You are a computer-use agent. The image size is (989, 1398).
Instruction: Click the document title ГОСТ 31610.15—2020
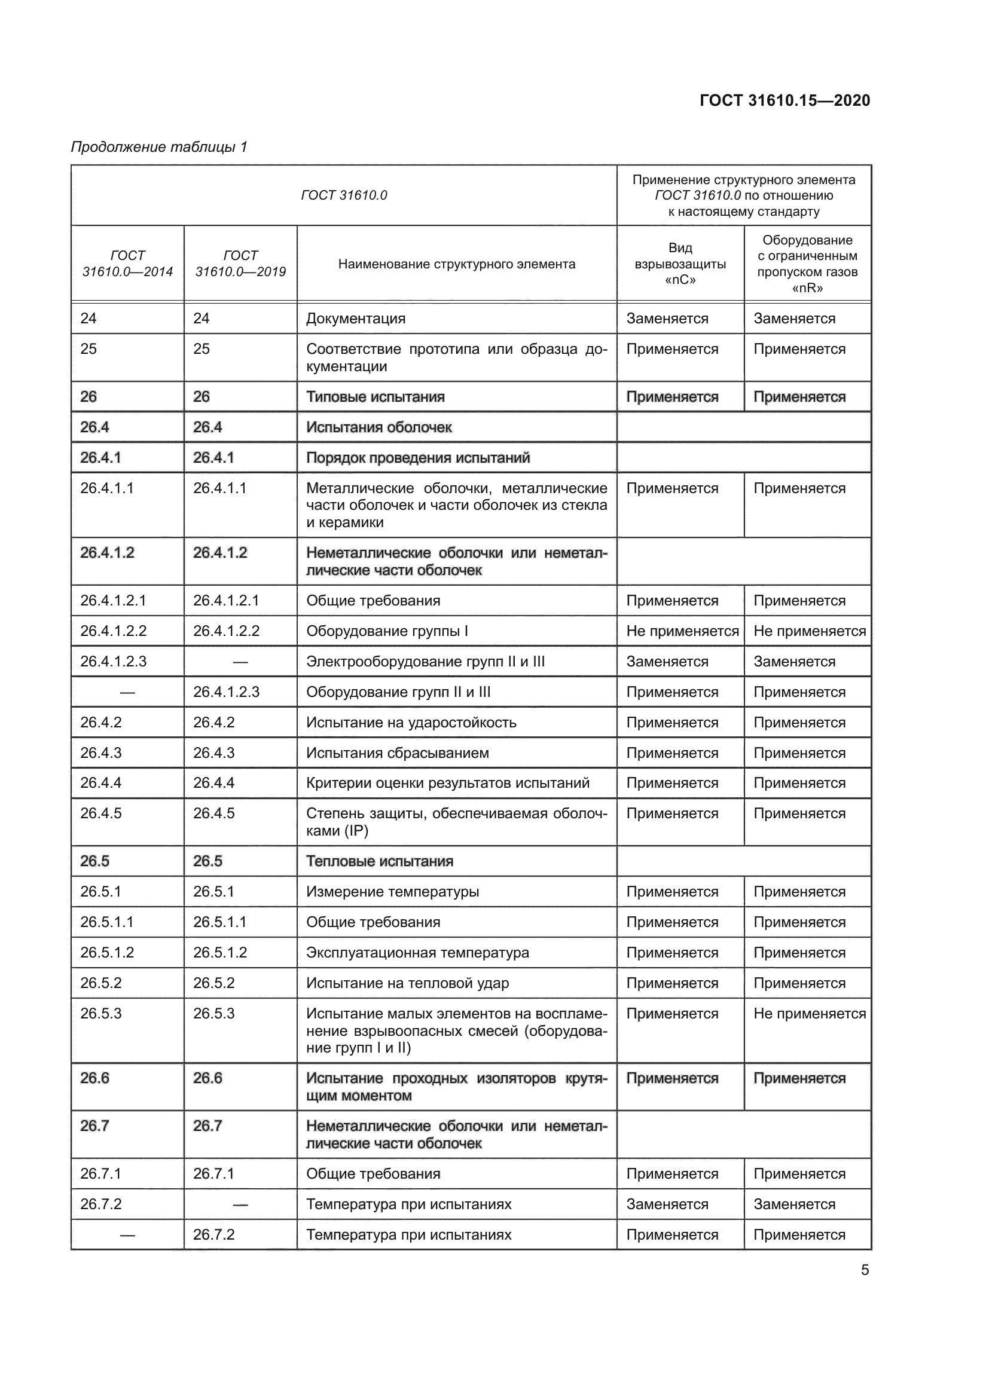[x=785, y=100]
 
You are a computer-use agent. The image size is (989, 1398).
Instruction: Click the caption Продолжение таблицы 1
[x=159, y=147]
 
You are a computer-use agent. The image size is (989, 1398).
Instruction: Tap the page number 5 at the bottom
[x=865, y=1269]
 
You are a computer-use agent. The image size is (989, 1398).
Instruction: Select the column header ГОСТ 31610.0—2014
[x=127, y=264]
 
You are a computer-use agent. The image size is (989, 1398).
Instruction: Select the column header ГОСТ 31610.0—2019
[x=240, y=264]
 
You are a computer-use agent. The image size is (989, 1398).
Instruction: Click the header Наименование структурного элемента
[x=456, y=264]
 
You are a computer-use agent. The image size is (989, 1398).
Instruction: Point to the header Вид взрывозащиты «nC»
[x=680, y=264]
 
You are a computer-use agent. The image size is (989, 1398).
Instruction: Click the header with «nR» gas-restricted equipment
[x=807, y=264]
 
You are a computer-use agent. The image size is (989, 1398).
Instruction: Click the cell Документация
[x=356, y=319]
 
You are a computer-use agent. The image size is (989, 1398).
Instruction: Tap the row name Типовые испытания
[x=375, y=397]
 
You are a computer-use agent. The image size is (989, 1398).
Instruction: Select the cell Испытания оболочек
[x=378, y=427]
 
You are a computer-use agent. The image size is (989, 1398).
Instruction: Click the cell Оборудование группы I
[x=387, y=631]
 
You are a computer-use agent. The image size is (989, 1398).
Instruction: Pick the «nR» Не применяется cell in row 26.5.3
[x=809, y=1014]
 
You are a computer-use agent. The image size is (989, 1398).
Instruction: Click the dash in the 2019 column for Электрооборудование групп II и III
[x=240, y=662]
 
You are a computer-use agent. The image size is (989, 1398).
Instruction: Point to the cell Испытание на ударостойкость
[x=411, y=723]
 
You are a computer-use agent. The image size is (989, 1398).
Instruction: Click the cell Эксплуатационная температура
[x=417, y=953]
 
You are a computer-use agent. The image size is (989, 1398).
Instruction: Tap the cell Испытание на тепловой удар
[x=407, y=983]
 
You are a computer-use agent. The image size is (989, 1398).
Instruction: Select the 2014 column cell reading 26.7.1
[x=100, y=1174]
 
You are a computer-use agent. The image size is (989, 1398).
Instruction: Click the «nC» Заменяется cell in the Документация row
[x=667, y=319]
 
